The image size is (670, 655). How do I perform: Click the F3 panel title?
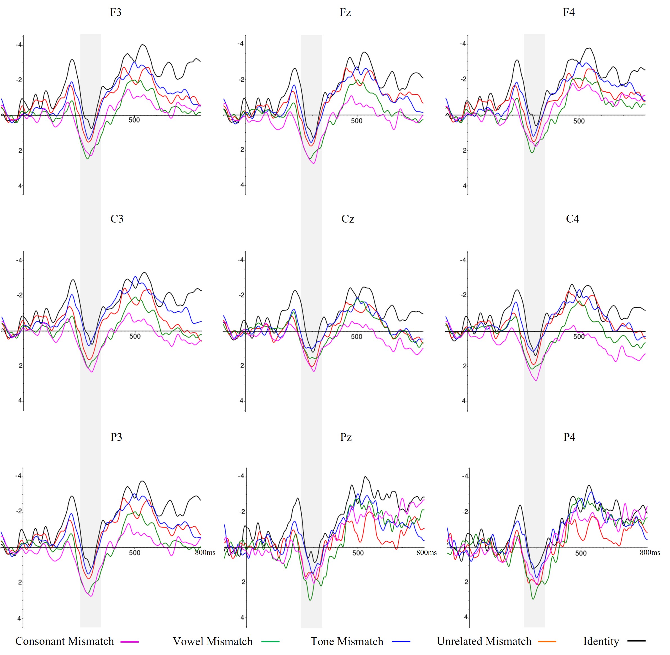(x=116, y=12)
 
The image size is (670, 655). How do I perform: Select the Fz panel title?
(x=345, y=12)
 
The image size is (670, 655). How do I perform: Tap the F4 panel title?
(x=569, y=12)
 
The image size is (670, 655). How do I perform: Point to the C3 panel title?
(x=117, y=219)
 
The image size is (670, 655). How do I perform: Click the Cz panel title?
(x=348, y=219)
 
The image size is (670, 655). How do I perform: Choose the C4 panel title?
(x=572, y=219)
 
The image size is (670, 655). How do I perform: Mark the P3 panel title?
(x=116, y=437)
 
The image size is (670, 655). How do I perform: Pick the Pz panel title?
(x=346, y=437)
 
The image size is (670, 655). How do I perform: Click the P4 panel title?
(x=569, y=437)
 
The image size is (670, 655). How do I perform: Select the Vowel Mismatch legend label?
(x=213, y=641)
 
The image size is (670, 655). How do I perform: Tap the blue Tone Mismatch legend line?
(x=401, y=642)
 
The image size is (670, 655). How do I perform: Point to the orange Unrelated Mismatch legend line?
(x=547, y=642)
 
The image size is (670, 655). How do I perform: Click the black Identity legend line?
(x=636, y=641)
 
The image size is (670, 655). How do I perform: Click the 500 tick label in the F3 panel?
(x=134, y=120)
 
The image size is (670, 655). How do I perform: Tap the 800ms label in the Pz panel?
(x=427, y=552)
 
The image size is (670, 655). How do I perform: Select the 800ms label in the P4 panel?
(x=650, y=552)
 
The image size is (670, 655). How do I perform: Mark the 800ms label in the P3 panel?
(x=205, y=552)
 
